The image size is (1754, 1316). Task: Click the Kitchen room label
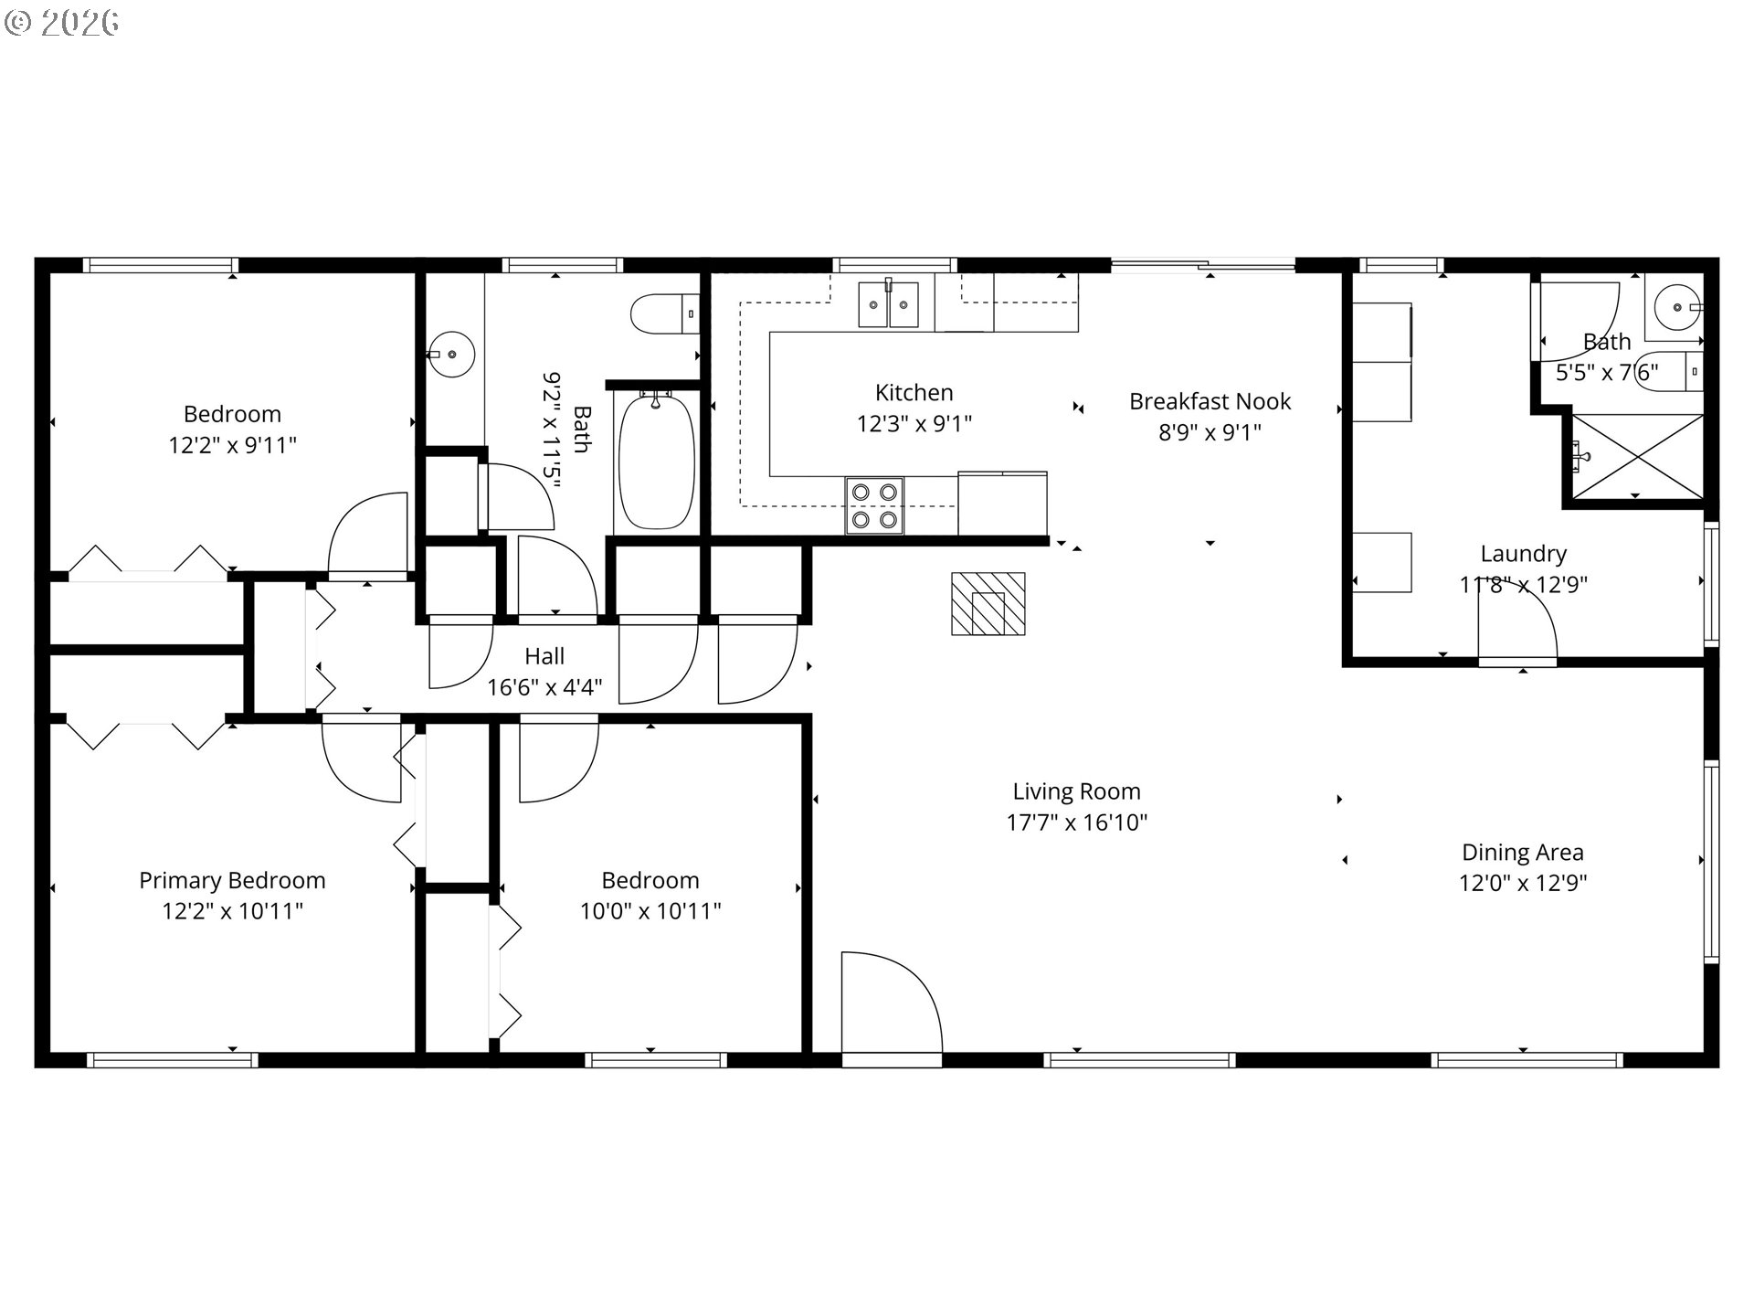tap(914, 393)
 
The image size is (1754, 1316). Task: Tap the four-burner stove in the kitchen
tap(874, 506)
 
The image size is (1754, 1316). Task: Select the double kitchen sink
tap(888, 304)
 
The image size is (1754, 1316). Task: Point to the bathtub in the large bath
tap(657, 462)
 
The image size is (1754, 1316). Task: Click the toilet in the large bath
tap(665, 314)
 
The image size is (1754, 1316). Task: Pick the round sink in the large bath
tap(451, 354)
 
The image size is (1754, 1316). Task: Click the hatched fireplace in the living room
tap(988, 604)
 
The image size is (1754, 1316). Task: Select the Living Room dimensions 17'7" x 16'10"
tap(1076, 822)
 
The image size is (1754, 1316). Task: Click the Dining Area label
tap(1523, 853)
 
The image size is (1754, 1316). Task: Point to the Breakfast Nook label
tap(1210, 401)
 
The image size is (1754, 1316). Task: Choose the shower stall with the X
tap(1636, 457)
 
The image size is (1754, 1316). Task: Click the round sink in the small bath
tap(1677, 306)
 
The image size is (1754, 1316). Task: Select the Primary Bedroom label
tap(232, 881)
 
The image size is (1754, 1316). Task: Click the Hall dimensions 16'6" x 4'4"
tap(544, 687)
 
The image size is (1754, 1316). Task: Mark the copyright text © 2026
tap(61, 23)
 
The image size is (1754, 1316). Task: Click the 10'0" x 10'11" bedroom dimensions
tap(650, 911)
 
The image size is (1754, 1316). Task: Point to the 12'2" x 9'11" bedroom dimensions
tap(232, 445)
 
